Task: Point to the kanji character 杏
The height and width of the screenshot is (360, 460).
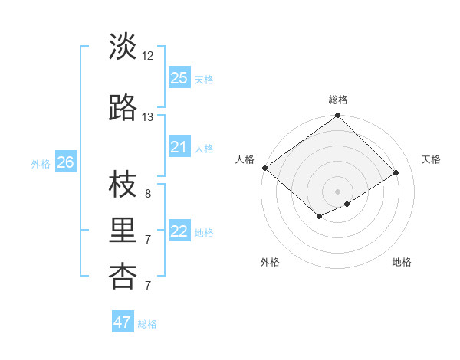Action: (x=123, y=277)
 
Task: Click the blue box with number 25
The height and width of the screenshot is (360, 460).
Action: (x=179, y=77)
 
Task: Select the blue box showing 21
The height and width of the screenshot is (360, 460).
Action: (x=179, y=147)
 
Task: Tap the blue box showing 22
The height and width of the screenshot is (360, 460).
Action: (x=179, y=231)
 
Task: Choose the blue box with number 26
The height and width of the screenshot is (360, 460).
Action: (x=66, y=162)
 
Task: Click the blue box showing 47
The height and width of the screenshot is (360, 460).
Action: (x=123, y=322)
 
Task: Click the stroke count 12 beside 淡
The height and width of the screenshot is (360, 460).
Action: (x=148, y=56)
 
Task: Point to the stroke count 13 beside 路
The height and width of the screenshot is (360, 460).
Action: (x=148, y=117)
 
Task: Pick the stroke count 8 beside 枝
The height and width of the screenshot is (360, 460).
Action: (x=148, y=194)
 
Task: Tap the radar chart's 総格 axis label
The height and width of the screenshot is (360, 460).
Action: (x=338, y=100)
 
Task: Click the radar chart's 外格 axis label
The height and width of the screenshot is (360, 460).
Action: (x=270, y=263)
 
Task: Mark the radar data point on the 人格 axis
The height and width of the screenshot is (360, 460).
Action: (x=264, y=168)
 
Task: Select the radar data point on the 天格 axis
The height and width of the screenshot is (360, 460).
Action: (x=396, y=173)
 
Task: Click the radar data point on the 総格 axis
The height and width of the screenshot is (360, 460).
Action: (x=337, y=116)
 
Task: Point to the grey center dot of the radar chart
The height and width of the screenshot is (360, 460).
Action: (x=337, y=191)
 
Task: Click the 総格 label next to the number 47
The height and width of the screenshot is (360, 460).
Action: (x=147, y=323)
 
